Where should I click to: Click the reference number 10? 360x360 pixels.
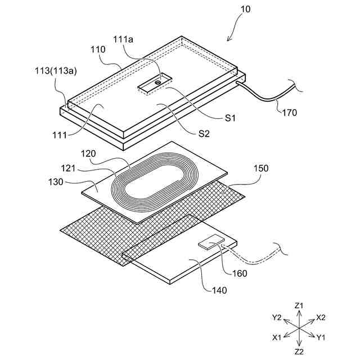pos(245,10)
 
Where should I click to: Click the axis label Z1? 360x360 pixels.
pos(299,305)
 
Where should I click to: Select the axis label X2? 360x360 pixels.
pos(320,317)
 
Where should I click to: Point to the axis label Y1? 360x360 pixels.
pos(321,337)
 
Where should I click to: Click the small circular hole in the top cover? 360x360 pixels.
pos(158,82)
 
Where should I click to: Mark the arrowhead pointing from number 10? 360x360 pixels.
pos(229,39)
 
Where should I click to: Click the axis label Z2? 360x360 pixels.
pos(299,351)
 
